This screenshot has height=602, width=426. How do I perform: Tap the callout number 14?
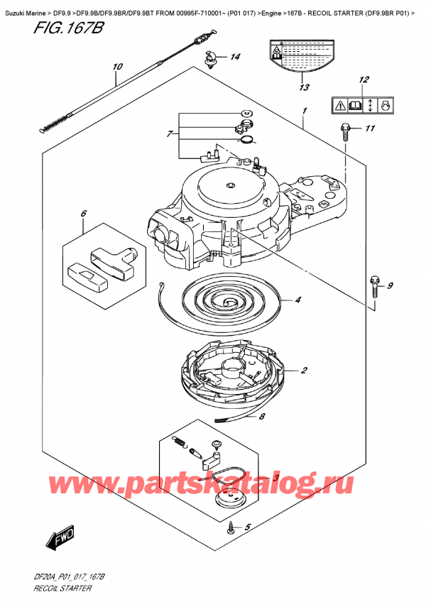coord(235,58)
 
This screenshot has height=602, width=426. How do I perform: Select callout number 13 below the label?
coord(305,87)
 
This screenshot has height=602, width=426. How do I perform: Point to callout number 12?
coord(364,80)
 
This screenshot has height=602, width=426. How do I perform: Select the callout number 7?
coord(170,134)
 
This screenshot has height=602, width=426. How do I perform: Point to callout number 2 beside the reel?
coord(304,370)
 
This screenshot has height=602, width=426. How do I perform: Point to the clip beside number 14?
coord(209,59)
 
